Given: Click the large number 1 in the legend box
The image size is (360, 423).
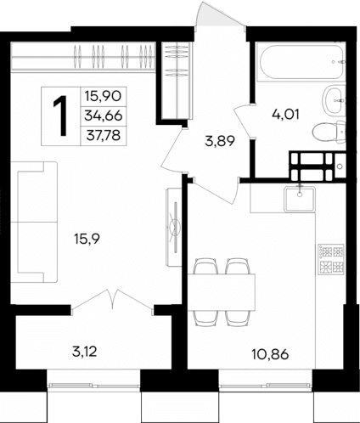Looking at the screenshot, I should click(x=60, y=115).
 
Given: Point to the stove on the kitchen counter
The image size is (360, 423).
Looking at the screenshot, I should click(x=328, y=260).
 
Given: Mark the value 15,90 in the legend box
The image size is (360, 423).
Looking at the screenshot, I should click(x=101, y=98).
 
